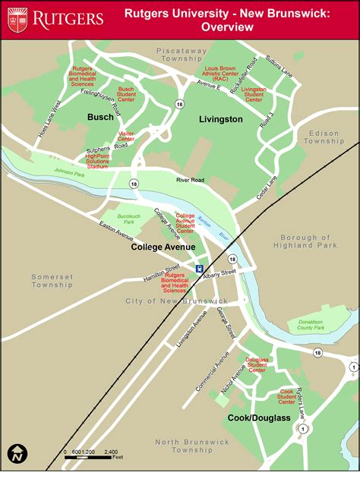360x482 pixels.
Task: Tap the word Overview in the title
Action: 227,27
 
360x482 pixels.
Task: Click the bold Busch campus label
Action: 100,117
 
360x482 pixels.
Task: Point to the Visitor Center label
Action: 126,135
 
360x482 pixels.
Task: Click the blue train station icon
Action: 199,268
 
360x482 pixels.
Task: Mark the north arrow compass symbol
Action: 17,454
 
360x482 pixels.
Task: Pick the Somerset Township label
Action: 52,282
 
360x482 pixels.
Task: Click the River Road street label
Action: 191,181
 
